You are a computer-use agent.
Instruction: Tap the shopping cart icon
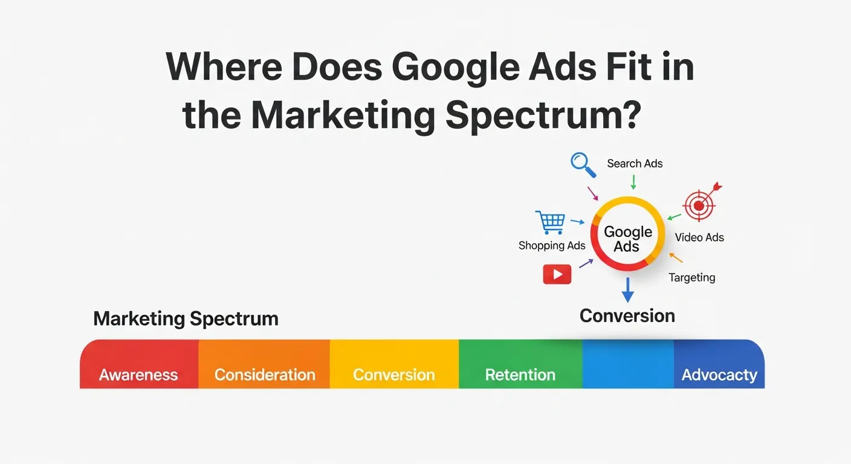pos(551,222)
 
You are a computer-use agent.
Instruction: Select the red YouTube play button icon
pos(557,274)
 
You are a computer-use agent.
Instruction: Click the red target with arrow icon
pos(701,204)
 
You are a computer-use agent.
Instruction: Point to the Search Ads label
pos(635,164)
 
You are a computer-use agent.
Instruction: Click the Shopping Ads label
pos(552,245)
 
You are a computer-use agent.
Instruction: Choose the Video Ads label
pos(699,237)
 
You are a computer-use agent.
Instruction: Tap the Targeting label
pos(691,277)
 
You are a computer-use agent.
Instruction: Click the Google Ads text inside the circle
pos(628,239)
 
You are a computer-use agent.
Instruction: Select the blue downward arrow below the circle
pos(628,290)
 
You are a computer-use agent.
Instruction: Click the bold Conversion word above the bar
pos(627,315)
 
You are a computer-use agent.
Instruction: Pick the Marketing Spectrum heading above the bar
pos(186,318)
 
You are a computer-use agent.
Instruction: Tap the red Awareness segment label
pos(138,375)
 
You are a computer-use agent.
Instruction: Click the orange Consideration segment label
pos(265,375)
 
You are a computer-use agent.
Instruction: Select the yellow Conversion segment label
pos(394,375)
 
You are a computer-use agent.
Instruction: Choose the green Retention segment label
pos(520,375)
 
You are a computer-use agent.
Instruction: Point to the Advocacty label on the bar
pos(719,375)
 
